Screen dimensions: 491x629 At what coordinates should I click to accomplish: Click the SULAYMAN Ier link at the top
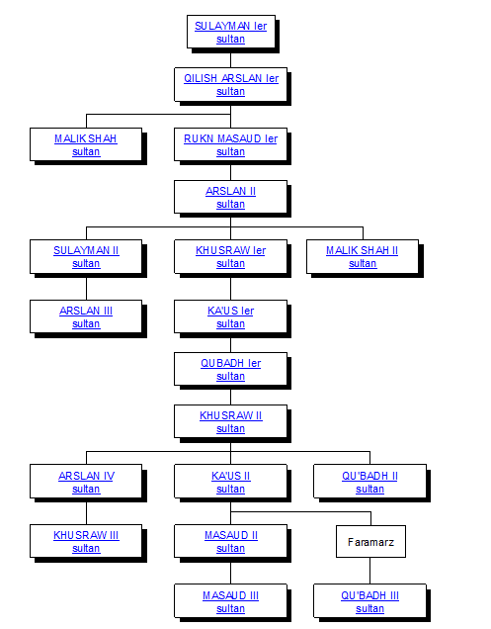point(230,26)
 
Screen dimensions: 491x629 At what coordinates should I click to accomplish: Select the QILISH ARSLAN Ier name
point(231,79)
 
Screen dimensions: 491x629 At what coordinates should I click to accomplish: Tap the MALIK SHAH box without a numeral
point(86,144)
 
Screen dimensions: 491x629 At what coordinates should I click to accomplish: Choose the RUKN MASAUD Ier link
point(230,138)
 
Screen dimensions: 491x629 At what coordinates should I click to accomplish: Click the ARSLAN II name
point(230,191)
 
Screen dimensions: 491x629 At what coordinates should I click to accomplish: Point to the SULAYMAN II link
point(86,251)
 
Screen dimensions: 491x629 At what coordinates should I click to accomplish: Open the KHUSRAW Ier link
point(230,251)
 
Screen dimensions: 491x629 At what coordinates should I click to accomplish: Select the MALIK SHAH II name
point(362,251)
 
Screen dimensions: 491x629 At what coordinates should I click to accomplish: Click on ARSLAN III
point(86,311)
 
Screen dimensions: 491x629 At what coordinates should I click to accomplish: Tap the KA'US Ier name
point(230,311)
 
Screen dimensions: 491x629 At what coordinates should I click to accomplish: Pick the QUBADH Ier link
point(230,363)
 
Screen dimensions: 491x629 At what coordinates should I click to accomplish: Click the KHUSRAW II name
point(230,415)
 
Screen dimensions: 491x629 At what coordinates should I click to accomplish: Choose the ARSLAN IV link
point(86,476)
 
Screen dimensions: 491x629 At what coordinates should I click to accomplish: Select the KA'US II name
point(230,476)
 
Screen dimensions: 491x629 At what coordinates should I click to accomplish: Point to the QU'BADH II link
point(369,476)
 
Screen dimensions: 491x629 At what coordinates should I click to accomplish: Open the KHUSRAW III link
point(86,535)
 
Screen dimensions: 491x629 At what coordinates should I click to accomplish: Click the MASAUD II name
point(231,535)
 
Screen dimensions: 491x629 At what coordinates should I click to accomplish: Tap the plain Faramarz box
point(370,542)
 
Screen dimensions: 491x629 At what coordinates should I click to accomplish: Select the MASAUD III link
point(230,595)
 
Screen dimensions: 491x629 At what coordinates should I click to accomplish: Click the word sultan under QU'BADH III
point(369,609)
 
